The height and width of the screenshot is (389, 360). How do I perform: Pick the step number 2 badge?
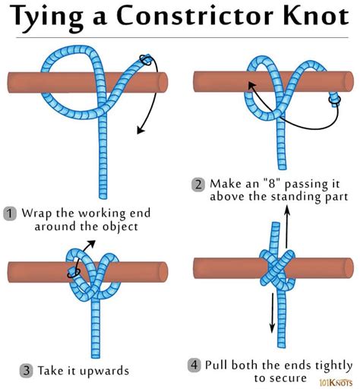click(197, 184)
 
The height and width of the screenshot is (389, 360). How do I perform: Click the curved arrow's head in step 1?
click(139, 131)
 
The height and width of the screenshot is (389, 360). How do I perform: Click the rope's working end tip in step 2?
click(334, 98)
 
